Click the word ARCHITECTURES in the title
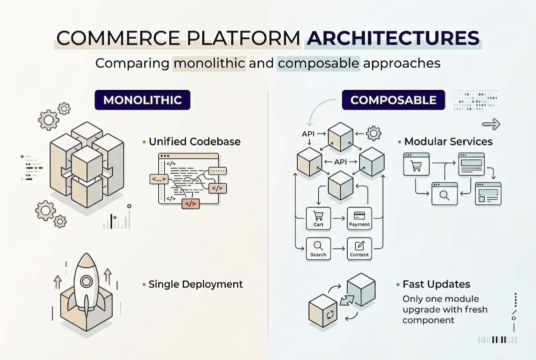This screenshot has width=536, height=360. click(x=393, y=39)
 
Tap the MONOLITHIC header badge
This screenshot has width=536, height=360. click(x=143, y=100)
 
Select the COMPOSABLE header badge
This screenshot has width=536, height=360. click(x=394, y=100)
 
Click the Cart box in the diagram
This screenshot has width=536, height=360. click(x=318, y=218)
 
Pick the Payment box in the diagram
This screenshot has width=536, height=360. click(x=359, y=218)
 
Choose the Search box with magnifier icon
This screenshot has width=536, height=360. click(x=318, y=248)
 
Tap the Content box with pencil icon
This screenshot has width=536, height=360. click(x=359, y=248)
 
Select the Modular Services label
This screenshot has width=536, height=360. click(x=448, y=141)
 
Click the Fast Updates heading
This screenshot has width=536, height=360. click(x=436, y=284)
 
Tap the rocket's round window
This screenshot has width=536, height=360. click(x=86, y=281)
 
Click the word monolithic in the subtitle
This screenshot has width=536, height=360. click(x=209, y=63)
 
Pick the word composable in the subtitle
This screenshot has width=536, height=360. click(x=319, y=63)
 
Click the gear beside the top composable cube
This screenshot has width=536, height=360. click(x=373, y=133)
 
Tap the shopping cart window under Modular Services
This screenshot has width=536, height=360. click(x=416, y=164)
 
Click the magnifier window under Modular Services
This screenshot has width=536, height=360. click(x=444, y=193)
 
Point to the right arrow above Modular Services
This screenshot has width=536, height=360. click(x=492, y=124)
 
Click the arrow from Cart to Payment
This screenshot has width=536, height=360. click(x=339, y=218)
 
